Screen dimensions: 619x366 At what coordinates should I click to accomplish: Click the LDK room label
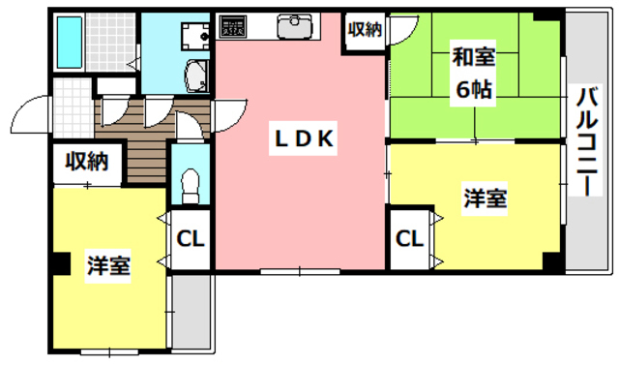301,140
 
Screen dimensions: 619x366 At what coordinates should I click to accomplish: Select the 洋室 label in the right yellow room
485,199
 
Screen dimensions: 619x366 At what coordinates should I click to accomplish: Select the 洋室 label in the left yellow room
107,264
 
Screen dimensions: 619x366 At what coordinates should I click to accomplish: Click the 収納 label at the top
366,29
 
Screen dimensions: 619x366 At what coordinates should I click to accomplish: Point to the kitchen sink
294,28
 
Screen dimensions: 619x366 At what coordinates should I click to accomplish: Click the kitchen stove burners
233,27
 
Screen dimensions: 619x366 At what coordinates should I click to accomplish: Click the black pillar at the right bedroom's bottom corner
551,260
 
